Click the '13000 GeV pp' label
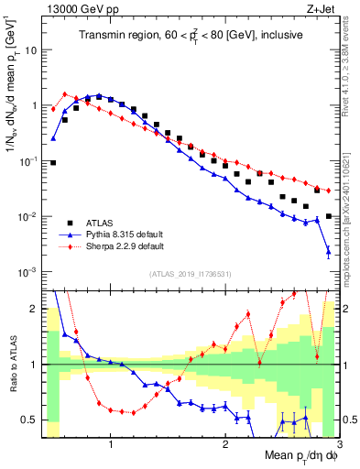click(x=73, y=7)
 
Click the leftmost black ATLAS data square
click(x=53, y=163)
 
